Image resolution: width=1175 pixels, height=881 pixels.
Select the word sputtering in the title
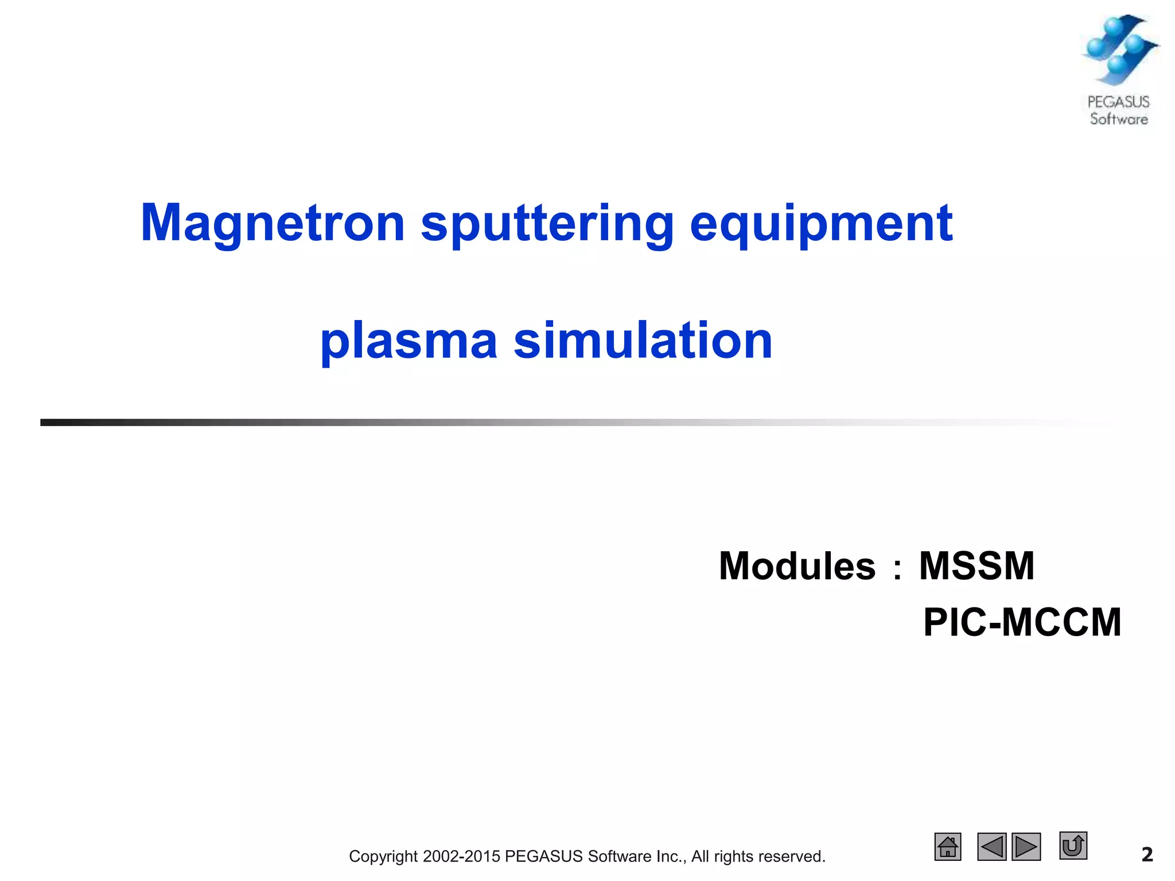click(x=547, y=225)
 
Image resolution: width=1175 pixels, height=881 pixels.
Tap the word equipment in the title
click(x=821, y=225)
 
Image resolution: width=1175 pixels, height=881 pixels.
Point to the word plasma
click(x=408, y=342)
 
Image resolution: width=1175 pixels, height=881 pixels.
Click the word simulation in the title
click(x=643, y=341)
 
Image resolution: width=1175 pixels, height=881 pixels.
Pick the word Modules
click(x=797, y=567)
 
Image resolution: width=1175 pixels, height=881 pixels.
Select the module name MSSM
click(x=976, y=567)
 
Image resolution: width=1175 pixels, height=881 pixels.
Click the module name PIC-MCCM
click(x=1022, y=623)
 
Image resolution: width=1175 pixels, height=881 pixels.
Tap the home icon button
click(x=948, y=847)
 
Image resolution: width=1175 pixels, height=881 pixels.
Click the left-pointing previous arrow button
click(x=991, y=847)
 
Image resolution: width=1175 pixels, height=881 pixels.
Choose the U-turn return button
click(x=1073, y=845)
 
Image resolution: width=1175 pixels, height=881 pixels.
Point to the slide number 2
click(x=1147, y=855)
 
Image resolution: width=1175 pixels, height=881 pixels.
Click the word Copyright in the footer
click(x=383, y=856)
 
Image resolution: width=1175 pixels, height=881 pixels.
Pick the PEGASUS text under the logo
click(x=1119, y=102)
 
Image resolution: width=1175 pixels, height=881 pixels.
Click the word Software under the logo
click(x=1119, y=119)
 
